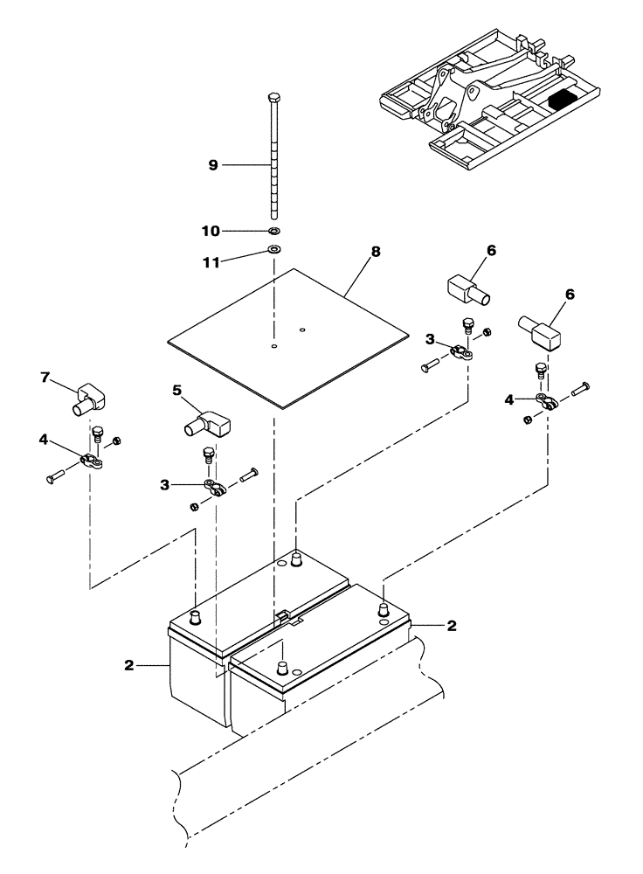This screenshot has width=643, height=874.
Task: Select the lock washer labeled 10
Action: tap(274, 231)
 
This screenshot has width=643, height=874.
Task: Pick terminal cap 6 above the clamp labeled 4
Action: tap(541, 330)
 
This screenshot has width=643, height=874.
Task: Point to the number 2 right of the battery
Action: tap(451, 626)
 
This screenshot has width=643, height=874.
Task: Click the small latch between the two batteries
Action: tap(281, 617)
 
